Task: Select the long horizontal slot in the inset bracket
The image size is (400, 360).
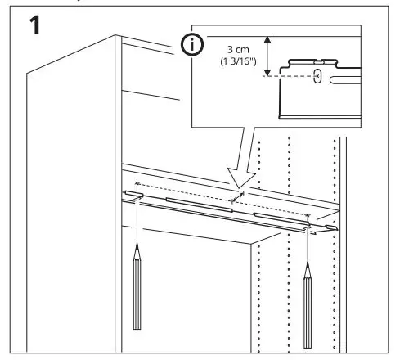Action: point(361,80)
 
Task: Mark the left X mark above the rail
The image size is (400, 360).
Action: point(137,185)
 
